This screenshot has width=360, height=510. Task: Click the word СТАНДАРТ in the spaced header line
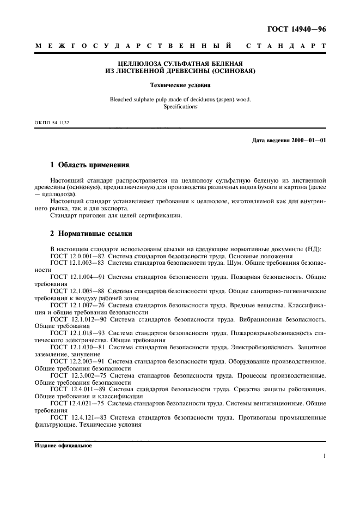click(286, 47)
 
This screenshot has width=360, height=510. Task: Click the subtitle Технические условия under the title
click(180, 86)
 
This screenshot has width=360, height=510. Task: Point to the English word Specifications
click(180, 107)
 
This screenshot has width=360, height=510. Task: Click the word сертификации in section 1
click(156, 215)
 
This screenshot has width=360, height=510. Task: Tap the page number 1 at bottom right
click(324, 457)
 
